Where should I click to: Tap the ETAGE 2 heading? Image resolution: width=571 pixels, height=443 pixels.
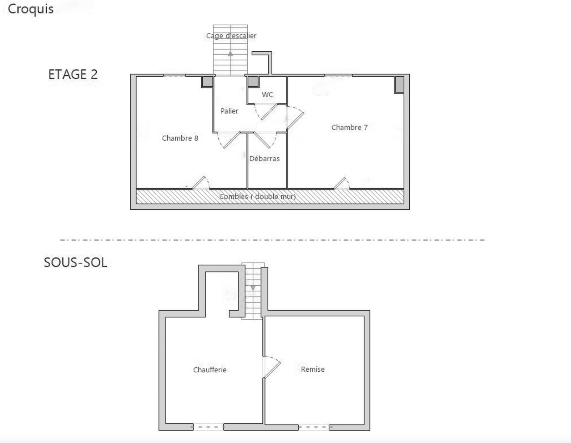[73, 74]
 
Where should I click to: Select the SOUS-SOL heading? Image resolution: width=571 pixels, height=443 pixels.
[75, 262]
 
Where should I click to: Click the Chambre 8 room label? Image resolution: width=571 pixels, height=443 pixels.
[180, 138]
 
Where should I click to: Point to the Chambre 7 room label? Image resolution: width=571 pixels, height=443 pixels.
[349, 127]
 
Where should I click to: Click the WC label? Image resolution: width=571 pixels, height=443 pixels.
[268, 95]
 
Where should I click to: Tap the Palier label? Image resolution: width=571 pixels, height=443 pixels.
[229, 111]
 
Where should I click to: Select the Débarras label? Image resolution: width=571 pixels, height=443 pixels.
[264, 158]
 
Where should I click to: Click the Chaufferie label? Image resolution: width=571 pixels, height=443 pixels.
[210, 370]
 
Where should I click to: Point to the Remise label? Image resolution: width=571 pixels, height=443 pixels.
[313, 369]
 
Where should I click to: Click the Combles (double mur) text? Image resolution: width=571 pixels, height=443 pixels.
[258, 197]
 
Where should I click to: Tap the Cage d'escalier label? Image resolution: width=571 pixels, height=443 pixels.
[231, 36]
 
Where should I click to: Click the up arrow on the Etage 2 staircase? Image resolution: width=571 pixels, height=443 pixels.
[230, 54]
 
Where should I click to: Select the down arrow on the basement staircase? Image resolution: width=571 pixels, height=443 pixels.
[253, 288]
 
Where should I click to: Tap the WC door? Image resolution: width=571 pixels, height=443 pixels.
[266, 112]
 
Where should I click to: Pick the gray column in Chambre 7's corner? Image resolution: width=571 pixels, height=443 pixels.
[399, 85]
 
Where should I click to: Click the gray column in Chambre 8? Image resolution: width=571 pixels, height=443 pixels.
[207, 82]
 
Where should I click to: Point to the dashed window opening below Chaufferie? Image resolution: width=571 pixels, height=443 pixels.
[208, 427]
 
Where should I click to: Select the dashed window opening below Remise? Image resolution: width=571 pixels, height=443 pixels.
[314, 427]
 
